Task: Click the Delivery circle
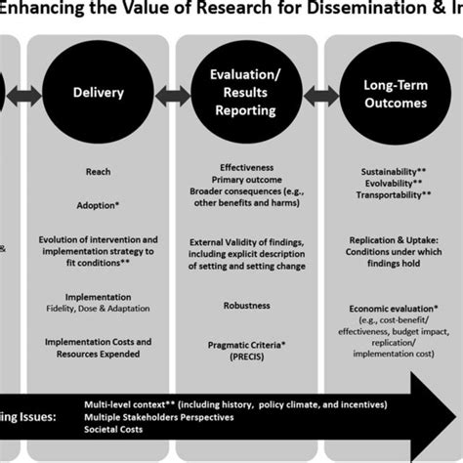tap(98, 94)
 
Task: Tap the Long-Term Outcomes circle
tap(391, 94)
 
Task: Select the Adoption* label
tap(98, 206)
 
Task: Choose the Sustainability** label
tap(390, 171)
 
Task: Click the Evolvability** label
tap(390, 183)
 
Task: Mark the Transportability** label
tap(390, 194)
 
